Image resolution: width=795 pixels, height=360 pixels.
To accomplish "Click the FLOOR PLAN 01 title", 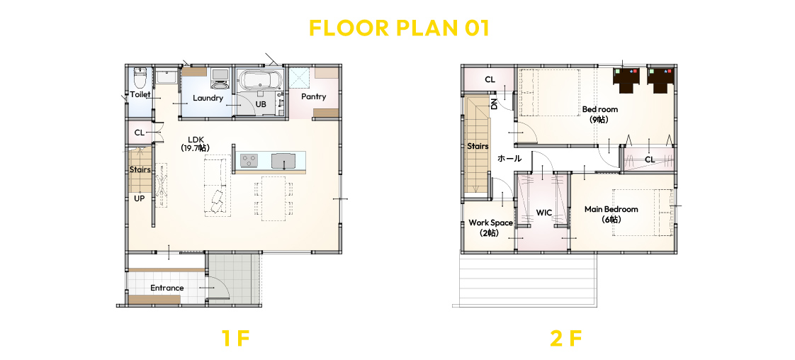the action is [399, 28].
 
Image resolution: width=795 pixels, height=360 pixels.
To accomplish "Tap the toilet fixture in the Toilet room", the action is [140, 79].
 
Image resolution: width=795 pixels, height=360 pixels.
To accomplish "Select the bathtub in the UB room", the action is [258, 80].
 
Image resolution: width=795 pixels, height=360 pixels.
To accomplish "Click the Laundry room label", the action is [208, 98].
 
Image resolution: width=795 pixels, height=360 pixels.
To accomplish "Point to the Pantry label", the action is [313, 96].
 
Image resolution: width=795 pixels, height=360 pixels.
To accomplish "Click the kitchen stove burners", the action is [249, 161].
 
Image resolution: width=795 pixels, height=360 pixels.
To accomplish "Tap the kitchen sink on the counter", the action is [284, 161].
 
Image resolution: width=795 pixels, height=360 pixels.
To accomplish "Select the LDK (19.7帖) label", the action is [195, 143].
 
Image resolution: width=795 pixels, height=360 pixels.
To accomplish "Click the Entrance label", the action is [167, 288].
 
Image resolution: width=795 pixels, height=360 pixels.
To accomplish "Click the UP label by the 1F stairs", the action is [140, 198].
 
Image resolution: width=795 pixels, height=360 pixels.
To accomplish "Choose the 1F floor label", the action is [236, 338].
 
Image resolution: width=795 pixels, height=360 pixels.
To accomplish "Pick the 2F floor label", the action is [565, 338].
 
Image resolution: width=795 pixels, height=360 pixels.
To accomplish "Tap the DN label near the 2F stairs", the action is [494, 104].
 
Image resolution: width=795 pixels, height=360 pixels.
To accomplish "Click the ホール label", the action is [509, 159].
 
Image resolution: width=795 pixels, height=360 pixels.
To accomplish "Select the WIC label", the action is [544, 213].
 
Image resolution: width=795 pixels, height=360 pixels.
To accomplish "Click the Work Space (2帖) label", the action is [490, 227].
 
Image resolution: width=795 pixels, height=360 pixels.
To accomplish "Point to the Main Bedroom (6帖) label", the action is [611, 214].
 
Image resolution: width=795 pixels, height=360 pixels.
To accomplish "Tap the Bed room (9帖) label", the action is [600, 114].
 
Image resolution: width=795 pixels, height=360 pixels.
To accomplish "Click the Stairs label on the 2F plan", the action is [478, 146].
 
